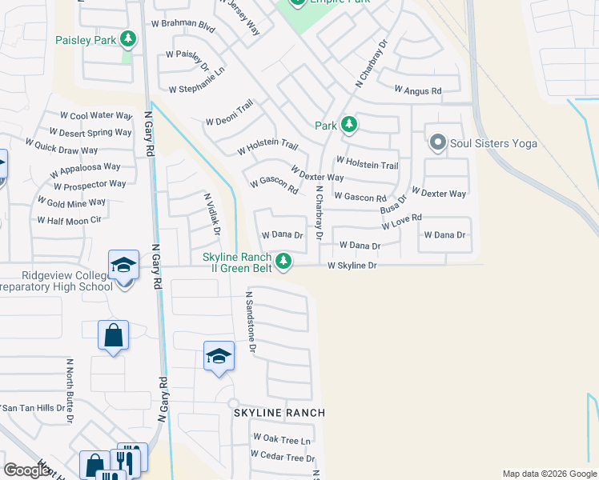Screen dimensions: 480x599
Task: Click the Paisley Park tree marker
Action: (128, 38)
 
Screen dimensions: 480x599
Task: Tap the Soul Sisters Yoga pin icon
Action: (437, 143)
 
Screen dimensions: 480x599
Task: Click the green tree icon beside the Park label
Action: (348, 125)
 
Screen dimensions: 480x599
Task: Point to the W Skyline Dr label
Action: (352, 266)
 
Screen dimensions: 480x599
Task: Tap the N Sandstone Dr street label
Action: (250, 322)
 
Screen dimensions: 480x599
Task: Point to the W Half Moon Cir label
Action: (69, 220)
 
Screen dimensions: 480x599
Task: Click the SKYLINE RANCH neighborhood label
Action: (279, 413)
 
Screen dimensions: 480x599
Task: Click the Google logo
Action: (26, 470)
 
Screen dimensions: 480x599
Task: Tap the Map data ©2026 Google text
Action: (549, 474)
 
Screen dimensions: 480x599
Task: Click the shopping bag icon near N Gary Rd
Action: (113, 337)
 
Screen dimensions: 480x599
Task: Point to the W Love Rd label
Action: (401, 222)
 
